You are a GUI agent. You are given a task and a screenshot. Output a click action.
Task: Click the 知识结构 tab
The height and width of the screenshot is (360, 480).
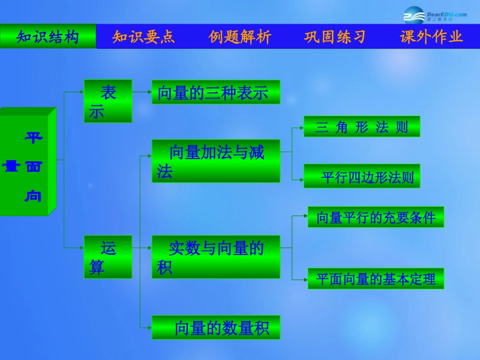tap(48, 37)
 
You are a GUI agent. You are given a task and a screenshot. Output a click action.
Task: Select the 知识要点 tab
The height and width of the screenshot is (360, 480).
tap(143, 37)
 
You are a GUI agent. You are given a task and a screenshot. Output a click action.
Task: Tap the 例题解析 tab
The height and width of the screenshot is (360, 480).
tap(239, 37)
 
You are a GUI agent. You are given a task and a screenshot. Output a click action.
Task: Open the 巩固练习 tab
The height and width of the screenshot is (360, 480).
tap(335, 37)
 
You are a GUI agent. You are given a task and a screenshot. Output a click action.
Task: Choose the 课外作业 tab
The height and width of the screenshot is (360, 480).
tap(431, 37)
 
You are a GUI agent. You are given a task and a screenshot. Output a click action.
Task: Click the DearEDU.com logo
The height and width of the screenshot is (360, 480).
tap(435, 17)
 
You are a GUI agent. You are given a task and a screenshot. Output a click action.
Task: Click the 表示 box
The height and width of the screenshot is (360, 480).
tap(108, 101)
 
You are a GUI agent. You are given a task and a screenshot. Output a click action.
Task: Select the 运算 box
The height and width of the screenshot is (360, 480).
tap(108, 256)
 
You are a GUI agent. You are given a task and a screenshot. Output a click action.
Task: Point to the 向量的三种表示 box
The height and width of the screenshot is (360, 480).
tap(216, 92)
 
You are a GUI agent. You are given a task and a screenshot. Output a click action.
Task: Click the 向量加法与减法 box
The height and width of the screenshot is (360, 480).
tap(216, 161)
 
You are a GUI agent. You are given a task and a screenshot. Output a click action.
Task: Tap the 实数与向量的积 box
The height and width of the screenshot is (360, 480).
tap(216, 256)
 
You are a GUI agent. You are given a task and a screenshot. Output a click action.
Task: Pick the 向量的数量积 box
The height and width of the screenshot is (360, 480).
tap(216, 327)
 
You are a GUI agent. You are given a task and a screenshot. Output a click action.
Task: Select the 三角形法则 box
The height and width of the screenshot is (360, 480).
tap(362, 127)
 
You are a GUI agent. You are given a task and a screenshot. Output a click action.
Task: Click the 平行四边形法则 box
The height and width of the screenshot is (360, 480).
tap(362, 176)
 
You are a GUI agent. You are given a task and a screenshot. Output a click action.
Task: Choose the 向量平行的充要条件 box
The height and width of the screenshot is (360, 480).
tap(376, 217)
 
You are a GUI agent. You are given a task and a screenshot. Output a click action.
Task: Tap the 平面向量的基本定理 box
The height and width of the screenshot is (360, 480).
tap(376, 278)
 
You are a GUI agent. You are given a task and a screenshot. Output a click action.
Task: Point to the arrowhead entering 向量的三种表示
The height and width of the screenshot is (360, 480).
tap(149, 92)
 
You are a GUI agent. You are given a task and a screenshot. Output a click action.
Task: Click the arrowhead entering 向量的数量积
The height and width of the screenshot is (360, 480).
tap(149, 328)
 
